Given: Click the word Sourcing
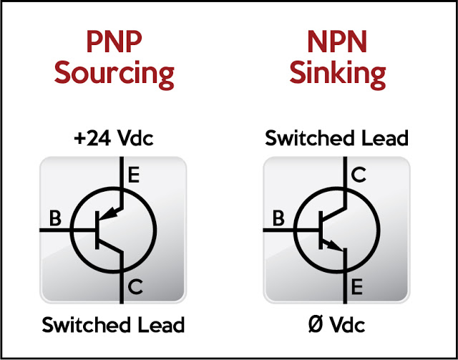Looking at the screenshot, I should coord(114,73).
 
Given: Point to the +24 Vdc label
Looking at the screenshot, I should coord(113,137).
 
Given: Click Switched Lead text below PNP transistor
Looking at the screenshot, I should coord(113,324).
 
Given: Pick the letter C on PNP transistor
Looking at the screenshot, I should coord(135,288).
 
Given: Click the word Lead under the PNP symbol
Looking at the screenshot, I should coord(160,324).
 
